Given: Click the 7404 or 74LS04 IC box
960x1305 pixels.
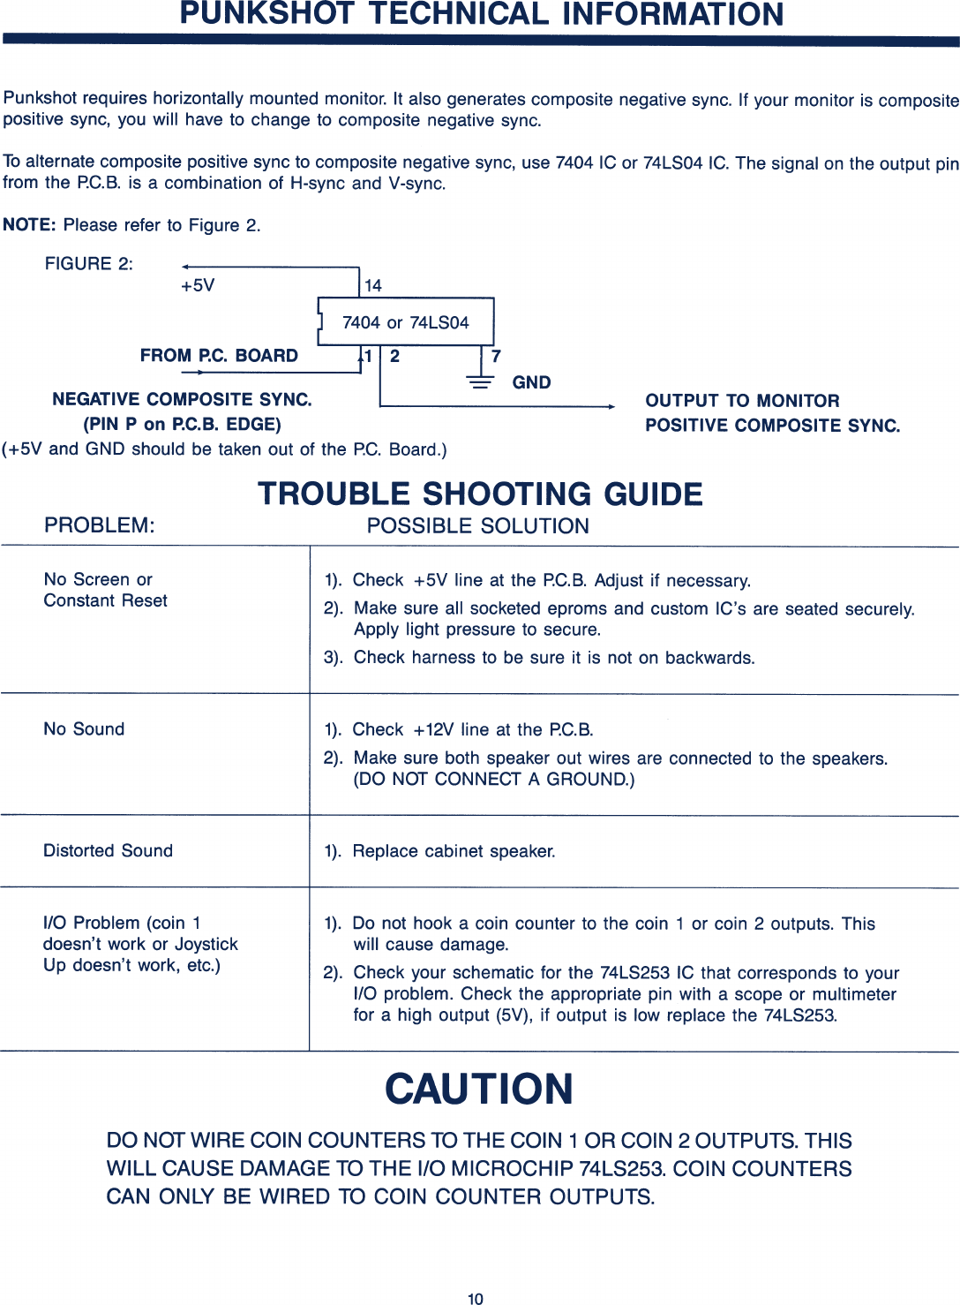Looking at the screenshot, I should point(406,322).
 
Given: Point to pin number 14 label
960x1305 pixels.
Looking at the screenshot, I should point(373,285).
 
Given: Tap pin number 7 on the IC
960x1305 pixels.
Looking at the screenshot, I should point(496,356).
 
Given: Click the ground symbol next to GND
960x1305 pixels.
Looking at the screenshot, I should point(480,382).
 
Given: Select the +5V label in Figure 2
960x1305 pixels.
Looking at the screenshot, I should point(198,285).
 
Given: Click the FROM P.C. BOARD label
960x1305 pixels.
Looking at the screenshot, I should point(219,356).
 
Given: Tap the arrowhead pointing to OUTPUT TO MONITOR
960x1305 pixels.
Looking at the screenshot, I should point(611,407).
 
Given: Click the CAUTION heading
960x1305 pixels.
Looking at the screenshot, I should point(479,1089).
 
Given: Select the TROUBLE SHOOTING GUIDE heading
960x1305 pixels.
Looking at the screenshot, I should point(480,494).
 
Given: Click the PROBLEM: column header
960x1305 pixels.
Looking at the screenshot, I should point(100,525).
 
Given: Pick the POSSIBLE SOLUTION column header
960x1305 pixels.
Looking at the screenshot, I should point(477,526).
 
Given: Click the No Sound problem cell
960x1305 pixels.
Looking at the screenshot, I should point(85,729).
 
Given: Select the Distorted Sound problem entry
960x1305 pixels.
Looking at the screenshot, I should point(109,850).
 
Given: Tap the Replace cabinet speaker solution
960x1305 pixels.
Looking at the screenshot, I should point(454,851).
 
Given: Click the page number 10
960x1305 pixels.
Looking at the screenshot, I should point(476,1298).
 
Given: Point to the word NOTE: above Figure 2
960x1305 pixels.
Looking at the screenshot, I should point(29,224).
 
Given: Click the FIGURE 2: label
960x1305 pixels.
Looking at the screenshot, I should point(89,263).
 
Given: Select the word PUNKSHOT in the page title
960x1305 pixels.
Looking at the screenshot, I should point(267,14).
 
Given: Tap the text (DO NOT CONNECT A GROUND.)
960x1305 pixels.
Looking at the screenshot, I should point(494,780).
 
